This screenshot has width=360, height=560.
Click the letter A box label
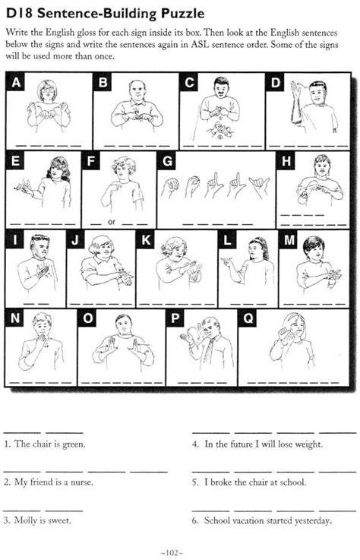(15, 83)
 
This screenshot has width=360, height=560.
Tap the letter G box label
(167, 161)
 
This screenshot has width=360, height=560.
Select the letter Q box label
(248, 318)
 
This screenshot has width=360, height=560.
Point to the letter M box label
(289, 239)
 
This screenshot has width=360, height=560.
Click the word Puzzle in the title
(182, 14)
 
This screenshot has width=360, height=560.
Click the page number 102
(172, 553)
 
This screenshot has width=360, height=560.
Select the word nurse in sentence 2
(81, 482)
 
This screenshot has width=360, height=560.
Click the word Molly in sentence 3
(25, 520)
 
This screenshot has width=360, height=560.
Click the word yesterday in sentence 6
(313, 520)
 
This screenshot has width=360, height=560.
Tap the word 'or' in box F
(112, 222)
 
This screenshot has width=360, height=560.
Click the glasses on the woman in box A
(48, 89)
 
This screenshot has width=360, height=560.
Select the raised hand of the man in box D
(295, 91)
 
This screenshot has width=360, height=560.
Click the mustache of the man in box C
(221, 94)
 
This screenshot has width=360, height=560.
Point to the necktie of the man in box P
(209, 348)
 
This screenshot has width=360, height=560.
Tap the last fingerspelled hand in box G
(260, 185)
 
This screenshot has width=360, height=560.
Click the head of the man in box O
(124, 324)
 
